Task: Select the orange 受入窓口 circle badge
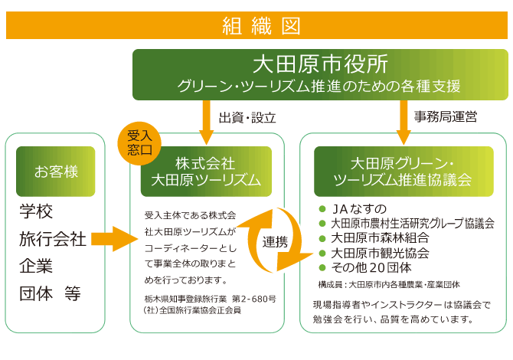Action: [x=140, y=140]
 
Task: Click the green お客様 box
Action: [x=55, y=172]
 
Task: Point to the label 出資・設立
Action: [x=247, y=118]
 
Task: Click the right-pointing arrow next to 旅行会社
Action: [x=113, y=240]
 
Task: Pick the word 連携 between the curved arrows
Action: [x=276, y=242]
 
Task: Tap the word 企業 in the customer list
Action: [x=36, y=267]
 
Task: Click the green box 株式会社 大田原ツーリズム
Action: [x=206, y=172]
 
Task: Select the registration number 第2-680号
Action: [x=253, y=298]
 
